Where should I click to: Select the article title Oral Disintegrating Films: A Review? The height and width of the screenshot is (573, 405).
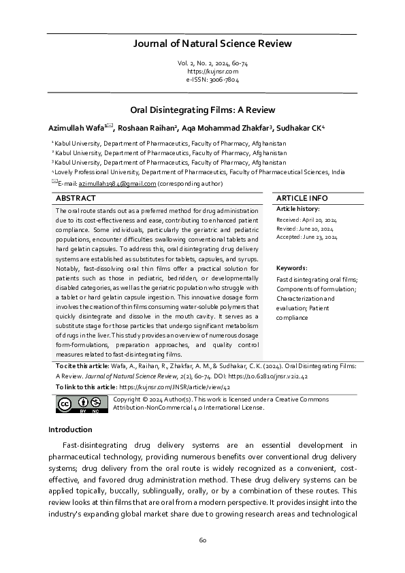point(202,109)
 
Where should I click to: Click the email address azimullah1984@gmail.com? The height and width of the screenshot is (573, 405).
point(118,184)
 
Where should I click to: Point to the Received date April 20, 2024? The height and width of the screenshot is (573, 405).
point(306,220)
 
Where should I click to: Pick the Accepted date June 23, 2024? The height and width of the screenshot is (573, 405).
point(306,238)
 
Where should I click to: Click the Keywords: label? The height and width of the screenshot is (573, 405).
point(291,268)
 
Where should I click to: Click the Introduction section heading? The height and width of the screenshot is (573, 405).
point(70,429)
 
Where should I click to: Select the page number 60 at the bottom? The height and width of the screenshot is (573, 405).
point(202,540)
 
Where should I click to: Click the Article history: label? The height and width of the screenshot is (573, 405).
point(297,208)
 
